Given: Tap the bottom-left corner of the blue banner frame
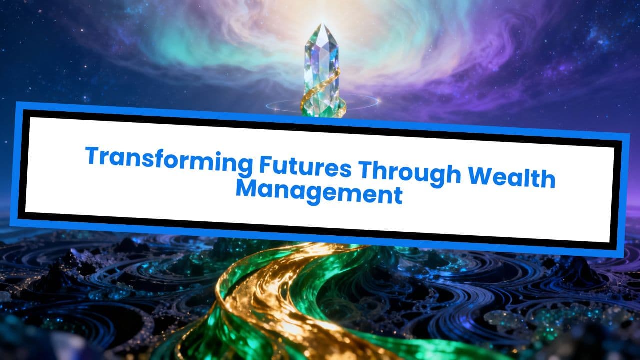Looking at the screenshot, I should [x=11, y=224].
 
